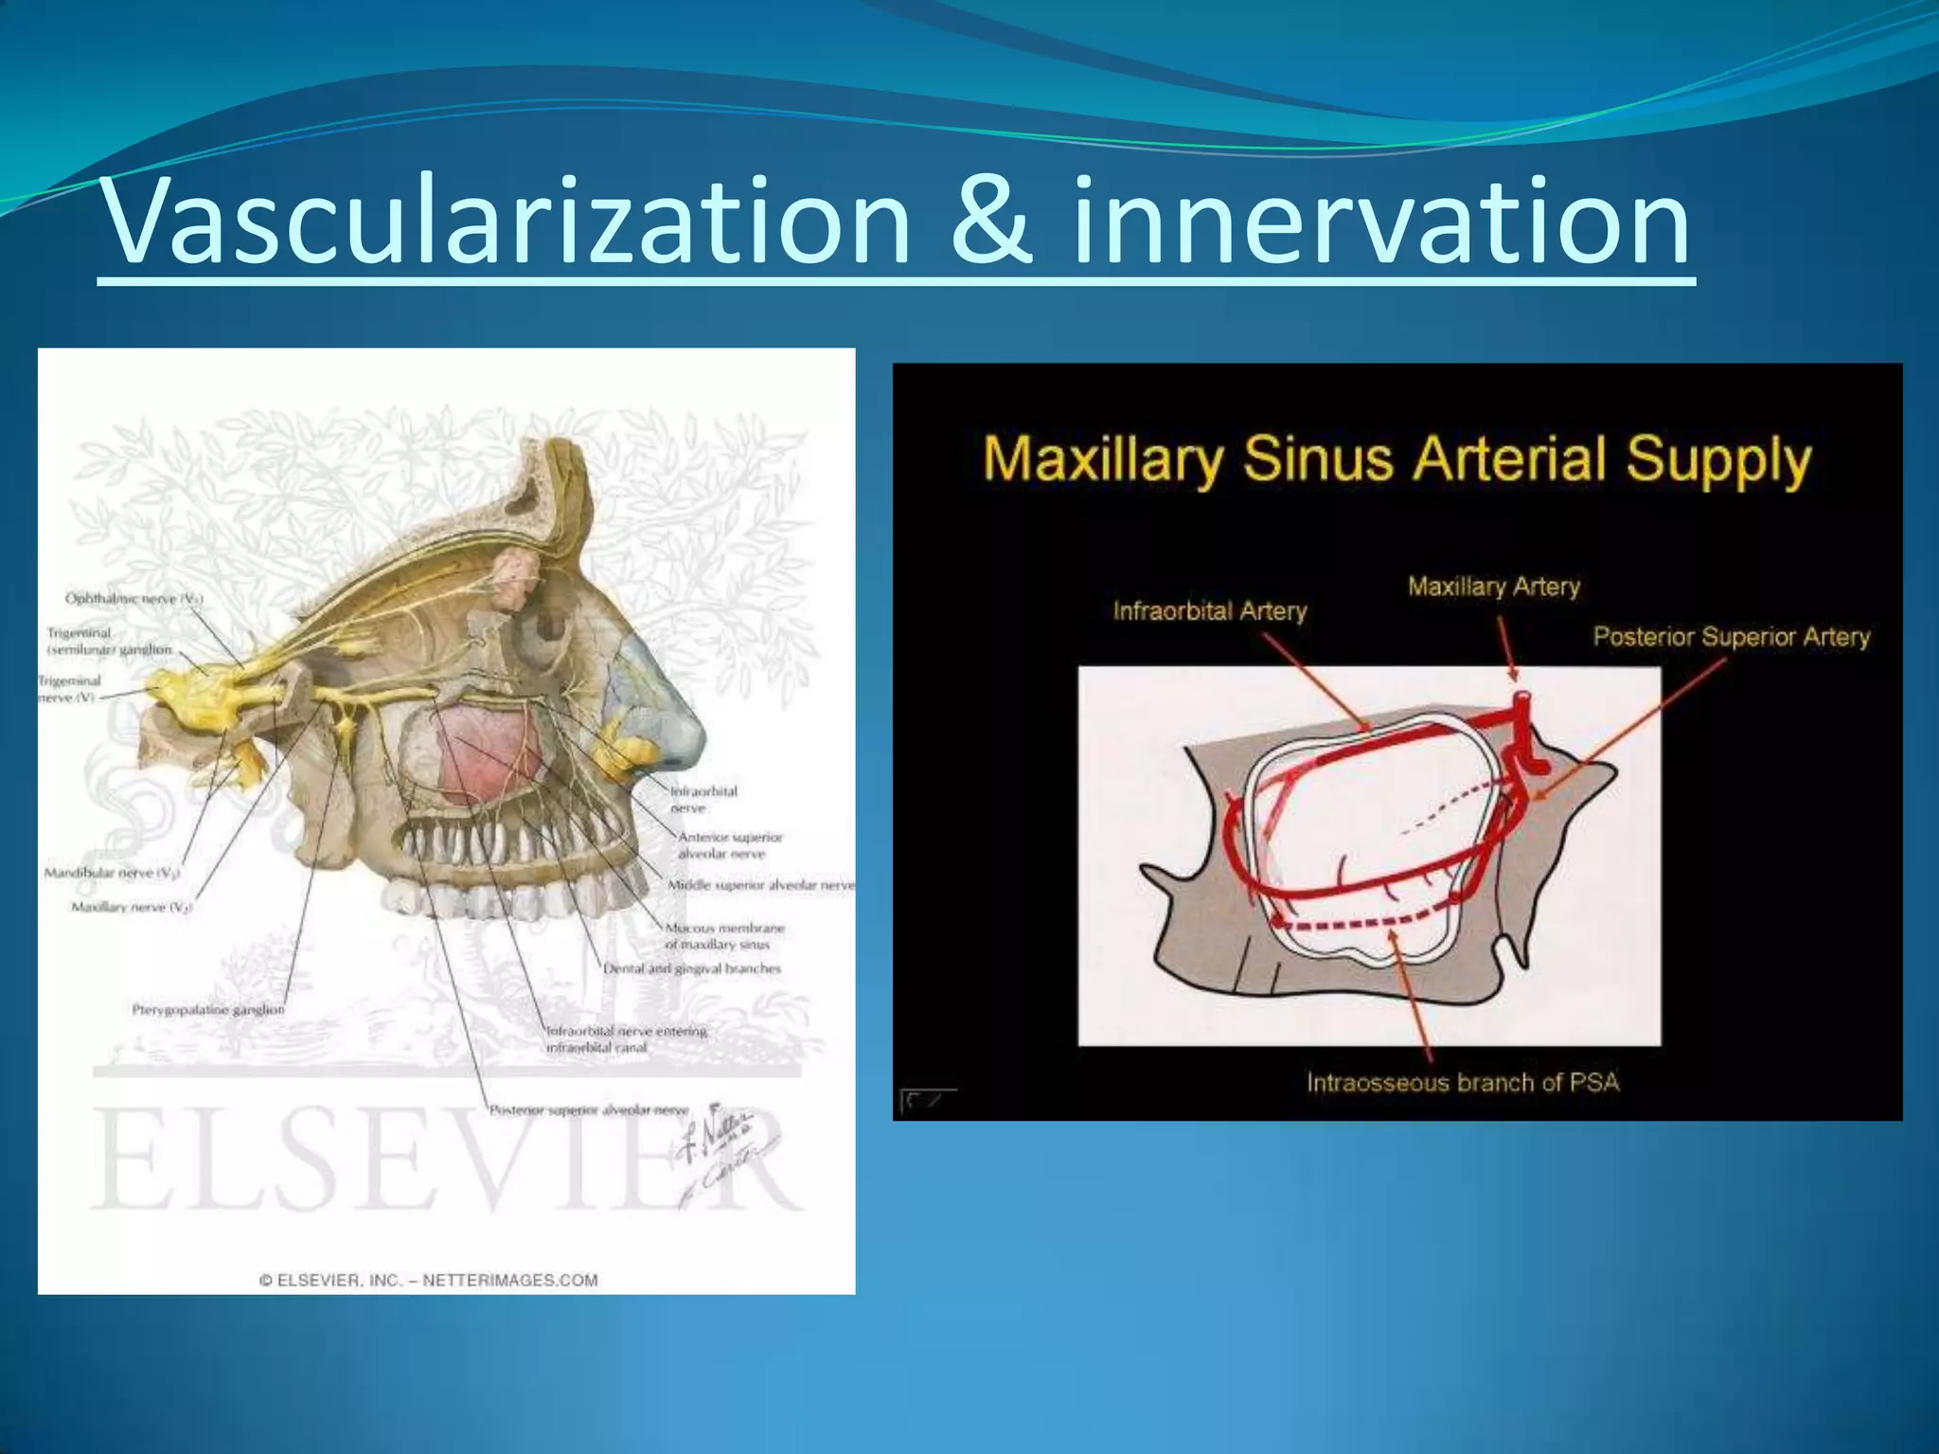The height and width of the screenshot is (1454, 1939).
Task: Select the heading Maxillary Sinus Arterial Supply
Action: pos(1396,461)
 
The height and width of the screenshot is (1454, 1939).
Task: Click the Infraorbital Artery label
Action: pos(1209,612)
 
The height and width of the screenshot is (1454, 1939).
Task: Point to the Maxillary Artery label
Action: pos(1493,587)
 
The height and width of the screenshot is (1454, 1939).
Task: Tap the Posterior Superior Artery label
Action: pos(1731,637)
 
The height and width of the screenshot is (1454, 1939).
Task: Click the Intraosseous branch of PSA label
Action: pos(1463,1082)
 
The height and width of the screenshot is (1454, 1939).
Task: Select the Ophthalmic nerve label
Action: pos(133,598)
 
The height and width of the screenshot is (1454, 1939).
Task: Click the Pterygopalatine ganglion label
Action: pos(207,1010)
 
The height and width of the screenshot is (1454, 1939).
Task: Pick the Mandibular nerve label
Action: pos(112,873)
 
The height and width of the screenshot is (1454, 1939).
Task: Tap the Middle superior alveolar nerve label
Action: pos(760,885)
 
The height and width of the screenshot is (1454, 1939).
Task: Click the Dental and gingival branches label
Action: pos(692,968)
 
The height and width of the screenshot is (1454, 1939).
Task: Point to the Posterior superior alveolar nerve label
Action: pos(588,1109)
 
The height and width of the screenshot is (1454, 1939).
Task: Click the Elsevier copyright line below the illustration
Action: pos(429,1281)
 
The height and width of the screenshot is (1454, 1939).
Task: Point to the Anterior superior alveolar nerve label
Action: pos(730,845)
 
